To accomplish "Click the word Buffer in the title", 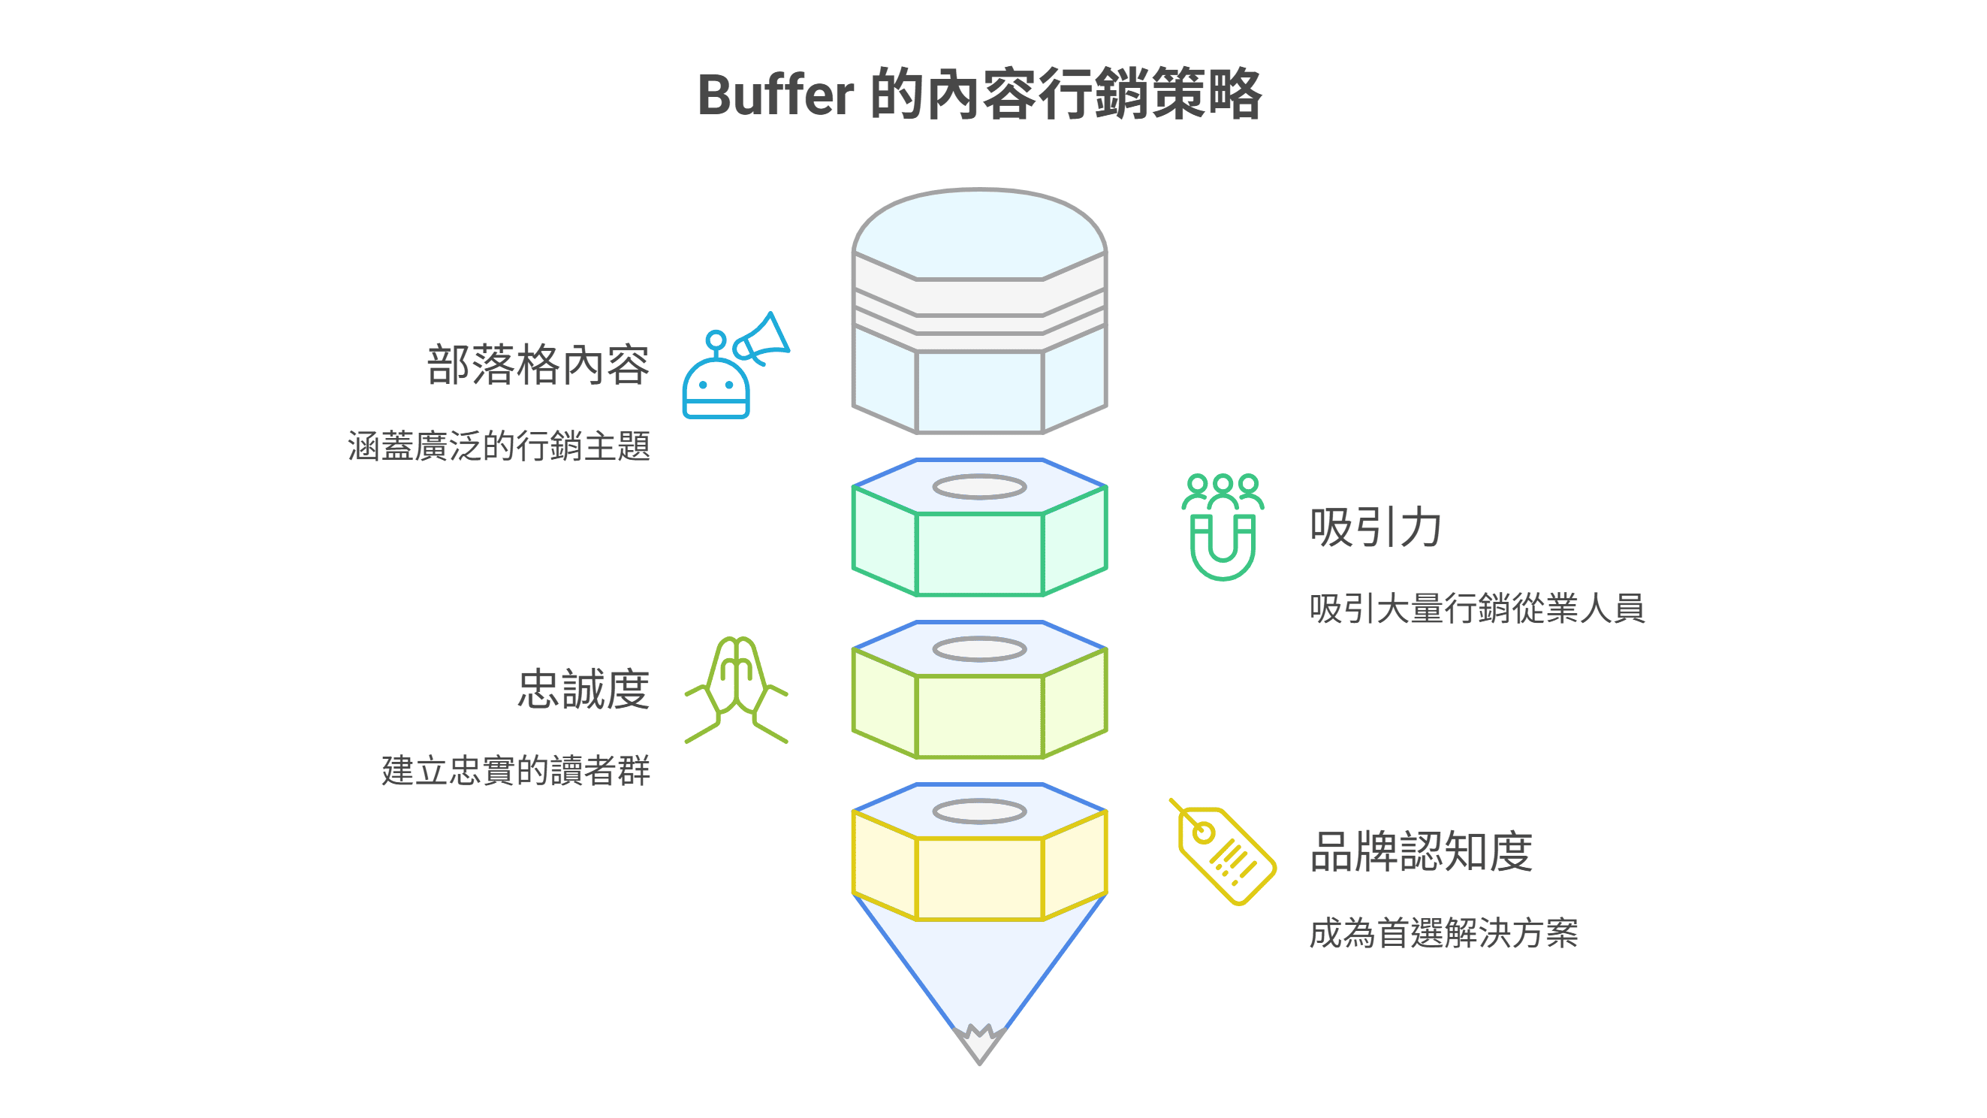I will coord(775,95).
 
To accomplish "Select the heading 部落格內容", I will coord(538,365).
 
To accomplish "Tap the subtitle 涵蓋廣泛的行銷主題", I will coord(499,447).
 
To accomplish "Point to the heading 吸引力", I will coord(1375,527).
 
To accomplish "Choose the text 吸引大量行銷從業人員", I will coord(1476,609).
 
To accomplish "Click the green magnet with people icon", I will coord(1223,527).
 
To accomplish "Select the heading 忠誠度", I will coord(583,690).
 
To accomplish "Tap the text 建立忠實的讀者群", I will coord(515,771).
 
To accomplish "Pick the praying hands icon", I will coord(737,690).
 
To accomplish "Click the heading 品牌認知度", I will coord(1421,852).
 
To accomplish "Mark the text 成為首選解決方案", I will coord(1443,933).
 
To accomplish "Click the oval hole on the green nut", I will coord(980,487).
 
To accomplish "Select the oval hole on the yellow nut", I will coord(980,811).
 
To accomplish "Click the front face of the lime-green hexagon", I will coord(980,717).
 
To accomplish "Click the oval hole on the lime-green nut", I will coord(980,649).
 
